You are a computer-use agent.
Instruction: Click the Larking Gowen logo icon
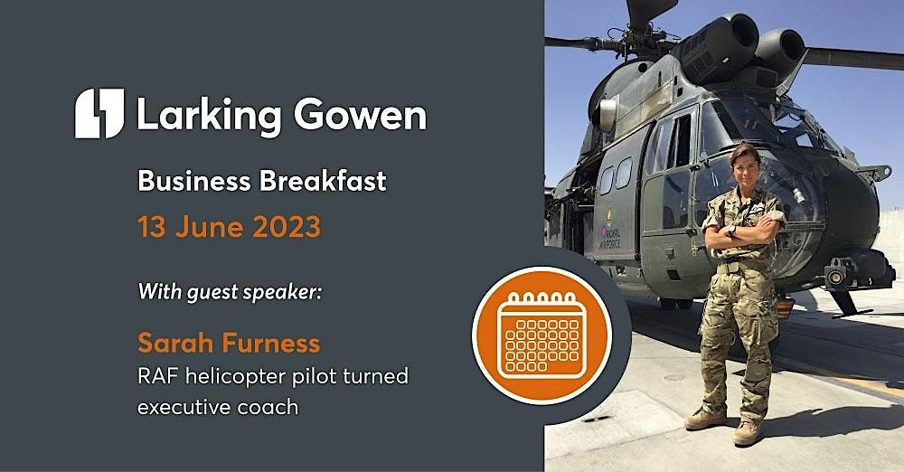click(99, 113)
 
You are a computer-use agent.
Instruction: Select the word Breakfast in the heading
click(323, 181)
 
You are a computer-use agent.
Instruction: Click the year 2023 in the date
click(287, 227)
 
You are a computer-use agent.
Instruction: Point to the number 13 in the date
click(152, 227)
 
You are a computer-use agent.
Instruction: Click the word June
click(210, 227)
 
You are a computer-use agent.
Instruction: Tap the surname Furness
click(271, 344)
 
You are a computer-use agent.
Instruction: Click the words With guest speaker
click(230, 291)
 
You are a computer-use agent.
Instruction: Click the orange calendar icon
click(541, 335)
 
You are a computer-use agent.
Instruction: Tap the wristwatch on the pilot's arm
click(731, 231)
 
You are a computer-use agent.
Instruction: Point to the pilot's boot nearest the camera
click(748, 432)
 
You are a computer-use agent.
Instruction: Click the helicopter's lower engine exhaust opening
click(782, 47)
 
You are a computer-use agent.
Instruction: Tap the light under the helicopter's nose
click(833, 277)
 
